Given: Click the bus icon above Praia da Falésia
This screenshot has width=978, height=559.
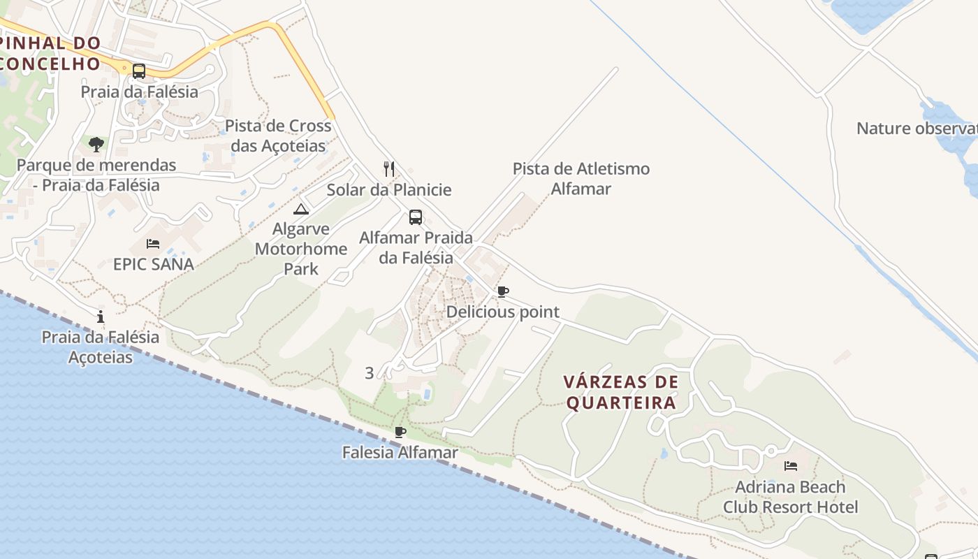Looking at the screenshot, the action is point(139,71).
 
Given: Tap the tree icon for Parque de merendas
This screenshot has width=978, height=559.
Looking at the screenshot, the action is point(96,145).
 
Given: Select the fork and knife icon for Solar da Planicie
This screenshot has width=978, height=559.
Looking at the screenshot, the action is point(389,168).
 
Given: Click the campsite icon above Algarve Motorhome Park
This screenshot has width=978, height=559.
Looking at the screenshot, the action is point(300,209).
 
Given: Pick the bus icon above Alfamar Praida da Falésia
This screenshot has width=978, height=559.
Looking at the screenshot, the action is point(416,217).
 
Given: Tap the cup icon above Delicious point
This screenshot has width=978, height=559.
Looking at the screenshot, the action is point(502,291).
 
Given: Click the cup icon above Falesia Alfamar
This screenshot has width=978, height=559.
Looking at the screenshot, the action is point(400,432).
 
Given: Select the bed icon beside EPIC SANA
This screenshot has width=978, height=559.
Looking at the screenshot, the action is point(153,243).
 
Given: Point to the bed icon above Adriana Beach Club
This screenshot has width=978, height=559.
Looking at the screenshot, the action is point(791,465).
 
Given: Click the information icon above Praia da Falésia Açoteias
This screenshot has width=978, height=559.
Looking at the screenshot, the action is point(101,317).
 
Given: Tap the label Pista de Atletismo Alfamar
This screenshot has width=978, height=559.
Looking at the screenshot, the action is point(581,179).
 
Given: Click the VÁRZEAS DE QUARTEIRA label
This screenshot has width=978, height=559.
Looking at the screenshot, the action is point(621,393).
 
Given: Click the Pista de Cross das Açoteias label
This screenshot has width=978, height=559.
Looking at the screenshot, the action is point(278,136).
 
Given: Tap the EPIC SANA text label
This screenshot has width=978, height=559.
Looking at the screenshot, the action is point(154,264).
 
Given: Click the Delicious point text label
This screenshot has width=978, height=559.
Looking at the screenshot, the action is point(503,312).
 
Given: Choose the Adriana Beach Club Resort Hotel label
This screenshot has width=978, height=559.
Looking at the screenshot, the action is point(790,497).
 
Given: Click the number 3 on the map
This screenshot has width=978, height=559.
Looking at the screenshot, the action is point(369,373).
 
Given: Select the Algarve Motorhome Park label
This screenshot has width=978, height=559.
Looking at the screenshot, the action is point(301,249).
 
